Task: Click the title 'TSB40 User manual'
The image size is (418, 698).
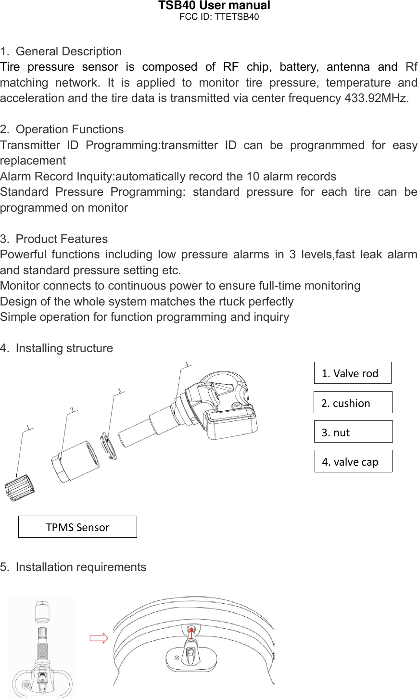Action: pyautogui.click(x=214, y=6)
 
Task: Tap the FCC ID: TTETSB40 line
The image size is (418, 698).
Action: pyautogui.click(x=219, y=17)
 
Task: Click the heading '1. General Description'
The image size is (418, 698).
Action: pyautogui.click(x=61, y=51)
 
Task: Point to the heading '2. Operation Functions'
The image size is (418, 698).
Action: pyautogui.click(x=62, y=129)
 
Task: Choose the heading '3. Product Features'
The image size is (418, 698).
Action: pyautogui.click(x=54, y=239)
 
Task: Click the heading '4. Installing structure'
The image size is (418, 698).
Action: pyautogui.click(x=57, y=348)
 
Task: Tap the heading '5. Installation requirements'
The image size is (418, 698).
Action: pyautogui.click(x=73, y=567)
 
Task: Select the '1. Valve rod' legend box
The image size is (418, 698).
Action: pyautogui.click(x=352, y=373)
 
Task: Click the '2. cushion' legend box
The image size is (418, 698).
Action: pyautogui.click(x=353, y=403)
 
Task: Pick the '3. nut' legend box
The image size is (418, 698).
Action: pyautogui.click(x=353, y=432)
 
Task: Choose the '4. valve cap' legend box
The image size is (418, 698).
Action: pyautogui.click(x=353, y=461)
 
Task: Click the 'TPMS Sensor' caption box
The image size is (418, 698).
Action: pyautogui.click(x=77, y=527)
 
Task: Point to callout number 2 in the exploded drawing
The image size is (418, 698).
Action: pyautogui.click(x=72, y=410)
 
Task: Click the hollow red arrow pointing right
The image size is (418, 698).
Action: pyautogui.click(x=99, y=638)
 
